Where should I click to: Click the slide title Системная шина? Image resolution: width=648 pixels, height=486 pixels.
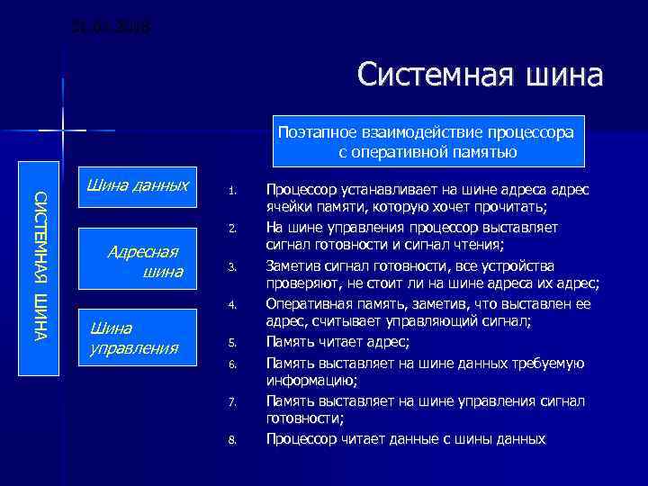tap(479, 76)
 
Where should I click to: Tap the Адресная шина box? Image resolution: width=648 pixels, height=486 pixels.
tap(137, 262)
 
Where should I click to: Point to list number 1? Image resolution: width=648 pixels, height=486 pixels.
tap(231, 192)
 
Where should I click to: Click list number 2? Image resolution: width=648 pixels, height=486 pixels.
tap(231, 229)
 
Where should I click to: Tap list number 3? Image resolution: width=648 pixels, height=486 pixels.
tap(231, 266)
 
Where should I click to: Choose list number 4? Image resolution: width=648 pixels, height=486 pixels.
tap(231, 305)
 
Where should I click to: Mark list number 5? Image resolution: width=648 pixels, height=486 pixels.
tap(231, 343)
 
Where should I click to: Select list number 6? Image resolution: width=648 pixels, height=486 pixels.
tap(231, 364)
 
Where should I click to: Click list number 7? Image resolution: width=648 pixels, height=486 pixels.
tap(231, 401)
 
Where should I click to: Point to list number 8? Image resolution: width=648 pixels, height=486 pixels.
tap(231, 439)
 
